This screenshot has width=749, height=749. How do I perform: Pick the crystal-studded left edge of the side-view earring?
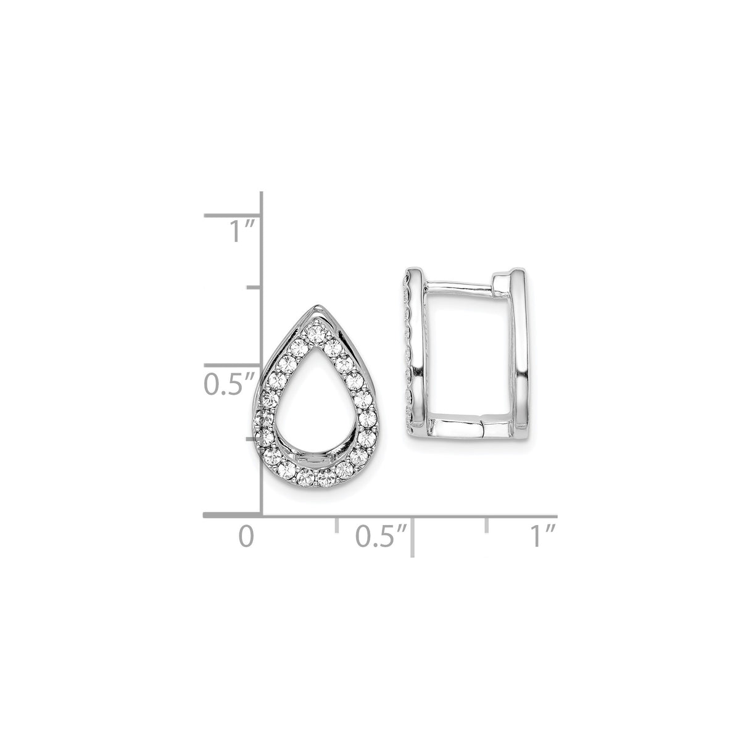click(408, 364)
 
